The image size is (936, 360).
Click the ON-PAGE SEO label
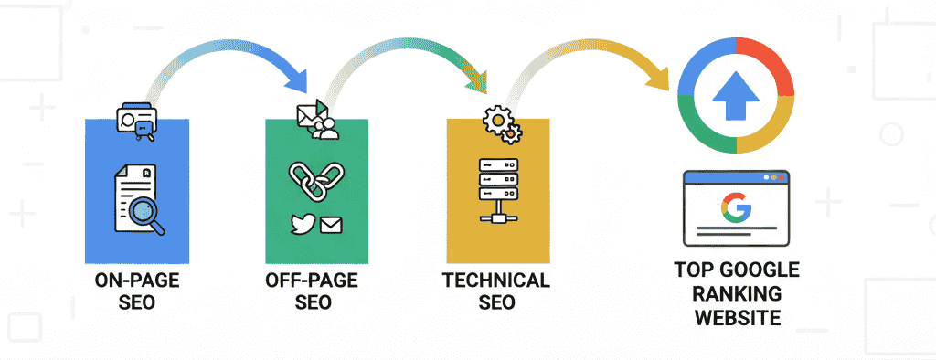[x=137, y=291]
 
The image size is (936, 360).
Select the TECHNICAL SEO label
[x=496, y=291]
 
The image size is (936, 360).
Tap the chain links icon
[x=316, y=180]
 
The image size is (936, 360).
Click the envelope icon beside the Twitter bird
[x=331, y=225]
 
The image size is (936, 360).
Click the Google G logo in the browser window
[x=736, y=208]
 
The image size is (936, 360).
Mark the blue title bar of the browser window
[x=736, y=177]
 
